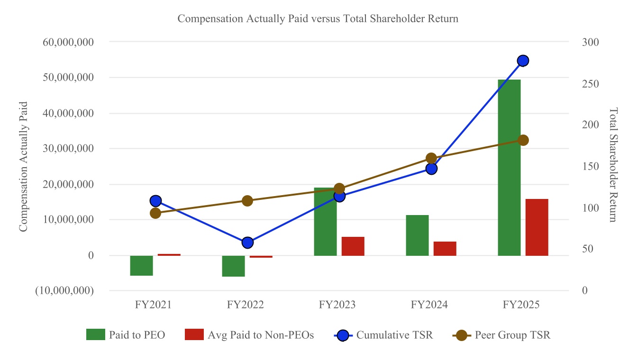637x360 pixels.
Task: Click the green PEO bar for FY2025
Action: pos(509,168)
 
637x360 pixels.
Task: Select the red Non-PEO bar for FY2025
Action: pos(537,227)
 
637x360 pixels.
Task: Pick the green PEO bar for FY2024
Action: pos(417,235)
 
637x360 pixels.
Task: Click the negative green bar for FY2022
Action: pos(233,266)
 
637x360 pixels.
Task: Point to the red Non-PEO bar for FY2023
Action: pos(353,246)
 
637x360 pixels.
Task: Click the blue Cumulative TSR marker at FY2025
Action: pos(523,61)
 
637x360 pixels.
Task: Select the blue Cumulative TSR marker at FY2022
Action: pos(247,243)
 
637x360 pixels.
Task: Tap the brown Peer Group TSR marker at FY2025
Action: pos(523,140)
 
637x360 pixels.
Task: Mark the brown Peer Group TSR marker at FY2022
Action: pos(247,201)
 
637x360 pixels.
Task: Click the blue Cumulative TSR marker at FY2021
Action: pos(155,201)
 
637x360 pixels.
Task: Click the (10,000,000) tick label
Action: pos(64,291)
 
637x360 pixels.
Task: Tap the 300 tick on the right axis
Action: pos(591,42)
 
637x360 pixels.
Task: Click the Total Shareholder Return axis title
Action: pos(613,165)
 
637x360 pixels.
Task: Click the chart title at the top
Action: pos(318,19)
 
